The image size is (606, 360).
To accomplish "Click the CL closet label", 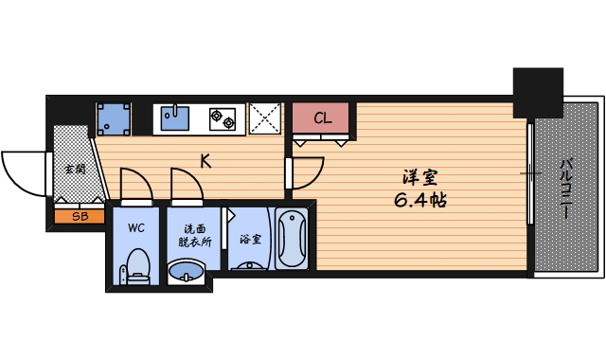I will [322, 118].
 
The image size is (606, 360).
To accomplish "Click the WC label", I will [136, 228].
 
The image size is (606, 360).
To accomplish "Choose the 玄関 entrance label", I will [73, 171].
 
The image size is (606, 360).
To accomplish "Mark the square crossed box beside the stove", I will [266, 119].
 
